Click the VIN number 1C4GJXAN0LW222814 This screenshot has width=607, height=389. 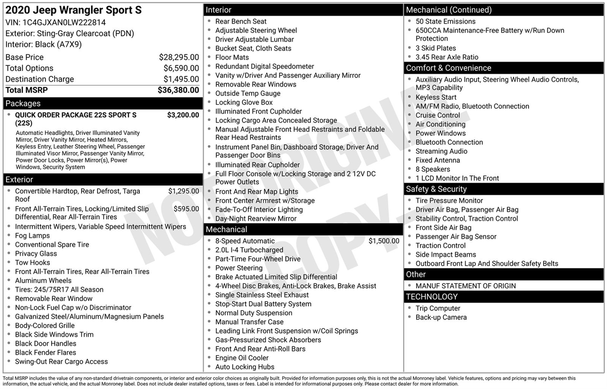(x=64, y=22)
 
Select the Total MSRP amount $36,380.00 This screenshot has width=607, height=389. (x=178, y=90)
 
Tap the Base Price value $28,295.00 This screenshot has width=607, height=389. (x=179, y=57)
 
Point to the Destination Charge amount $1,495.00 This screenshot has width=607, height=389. (x=181, y=79)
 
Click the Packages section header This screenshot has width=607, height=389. (x=23, y=104)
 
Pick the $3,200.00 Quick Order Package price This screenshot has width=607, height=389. (x=183, y=115)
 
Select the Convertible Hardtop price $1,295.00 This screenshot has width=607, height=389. (x=184, y=191)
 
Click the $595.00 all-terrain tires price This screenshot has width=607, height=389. (x=186, y=209)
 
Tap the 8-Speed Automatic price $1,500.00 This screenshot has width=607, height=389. (x=384, y=241)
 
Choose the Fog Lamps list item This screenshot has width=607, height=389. (x=32, y=236)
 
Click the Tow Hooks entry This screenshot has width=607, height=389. (x=32, y=263)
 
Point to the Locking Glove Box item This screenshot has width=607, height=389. (x=244, y=103)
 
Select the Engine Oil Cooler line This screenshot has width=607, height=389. (x=242, y=358)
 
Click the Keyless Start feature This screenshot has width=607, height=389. (x=436, y=97)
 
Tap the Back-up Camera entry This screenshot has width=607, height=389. (x=441, y=317)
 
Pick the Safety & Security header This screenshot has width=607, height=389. (x=436, y=189)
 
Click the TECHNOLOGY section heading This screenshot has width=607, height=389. (x=432, y=297)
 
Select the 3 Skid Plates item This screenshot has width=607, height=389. (x=436, y=48)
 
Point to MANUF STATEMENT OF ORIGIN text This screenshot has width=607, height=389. (x=466, y=286)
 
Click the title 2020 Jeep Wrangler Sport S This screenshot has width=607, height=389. (x=74, y=10)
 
